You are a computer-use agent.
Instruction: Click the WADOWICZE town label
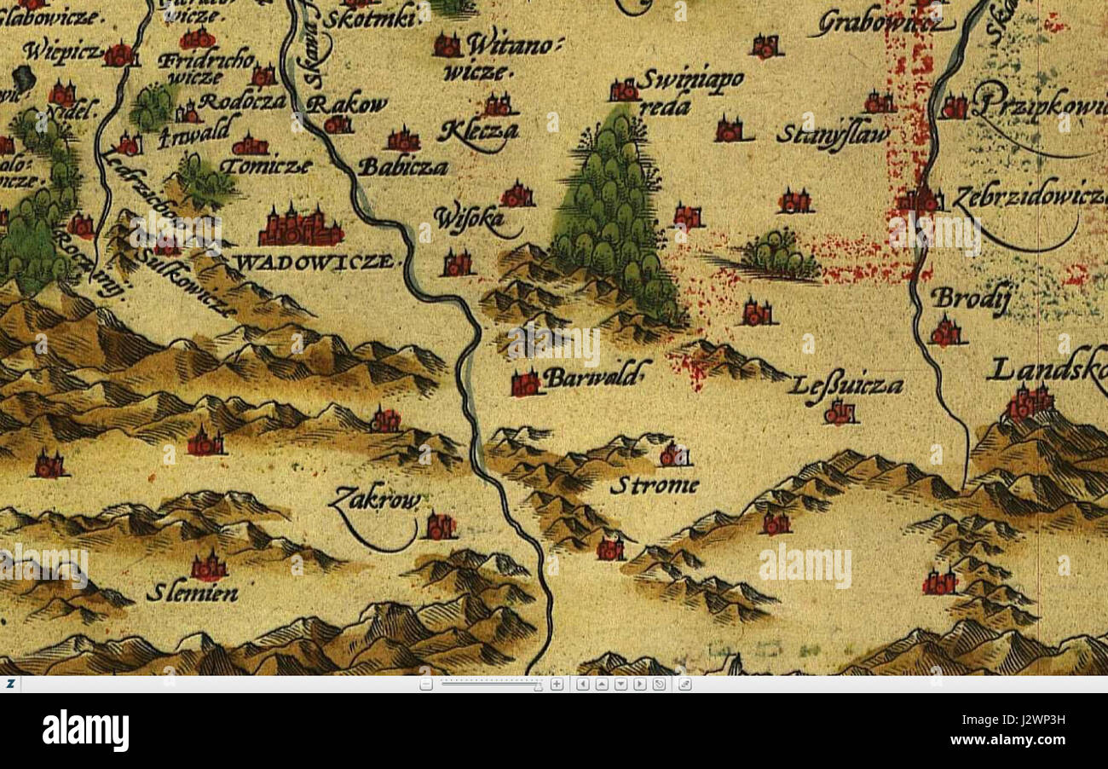[316, 262]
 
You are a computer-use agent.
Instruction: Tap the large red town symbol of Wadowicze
[300, 227]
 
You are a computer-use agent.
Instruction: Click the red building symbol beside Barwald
[526, 384]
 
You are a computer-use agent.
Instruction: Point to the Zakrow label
[375, 500]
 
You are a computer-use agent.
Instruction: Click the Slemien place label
[192, 593]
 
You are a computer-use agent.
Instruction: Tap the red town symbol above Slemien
[209, 567]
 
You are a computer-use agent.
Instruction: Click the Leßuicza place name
[845, 386]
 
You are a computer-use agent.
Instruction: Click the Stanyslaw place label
[833, 135]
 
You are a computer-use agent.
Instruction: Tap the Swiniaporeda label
[689, 90]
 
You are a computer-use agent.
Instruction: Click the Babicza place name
[402, 167]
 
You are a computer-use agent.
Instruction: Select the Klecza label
[477, 132]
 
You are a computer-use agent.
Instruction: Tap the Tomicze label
[266, 166]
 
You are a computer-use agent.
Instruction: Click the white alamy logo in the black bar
[85, 731]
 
